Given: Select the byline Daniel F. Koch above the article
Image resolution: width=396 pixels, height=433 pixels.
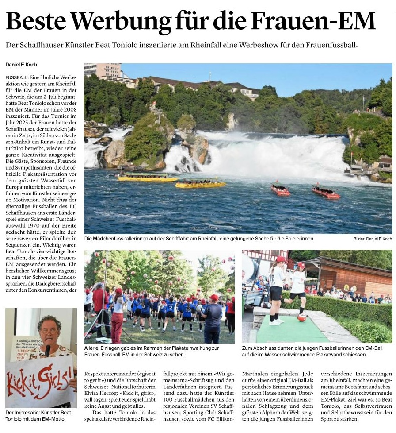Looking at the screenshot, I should click(x=21, y=65).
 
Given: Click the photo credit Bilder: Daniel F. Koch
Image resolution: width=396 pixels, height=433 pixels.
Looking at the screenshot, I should click(x=373, y=239).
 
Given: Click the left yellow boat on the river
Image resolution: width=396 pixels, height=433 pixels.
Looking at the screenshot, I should click(x=148, y=178).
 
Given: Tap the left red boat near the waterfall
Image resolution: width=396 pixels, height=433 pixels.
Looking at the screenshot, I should click(x=280, y=190).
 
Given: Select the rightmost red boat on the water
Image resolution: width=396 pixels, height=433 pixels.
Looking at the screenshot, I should click(x=326, y=192).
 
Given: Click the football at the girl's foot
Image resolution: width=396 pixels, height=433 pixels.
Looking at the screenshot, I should click(x=302, y=317).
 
